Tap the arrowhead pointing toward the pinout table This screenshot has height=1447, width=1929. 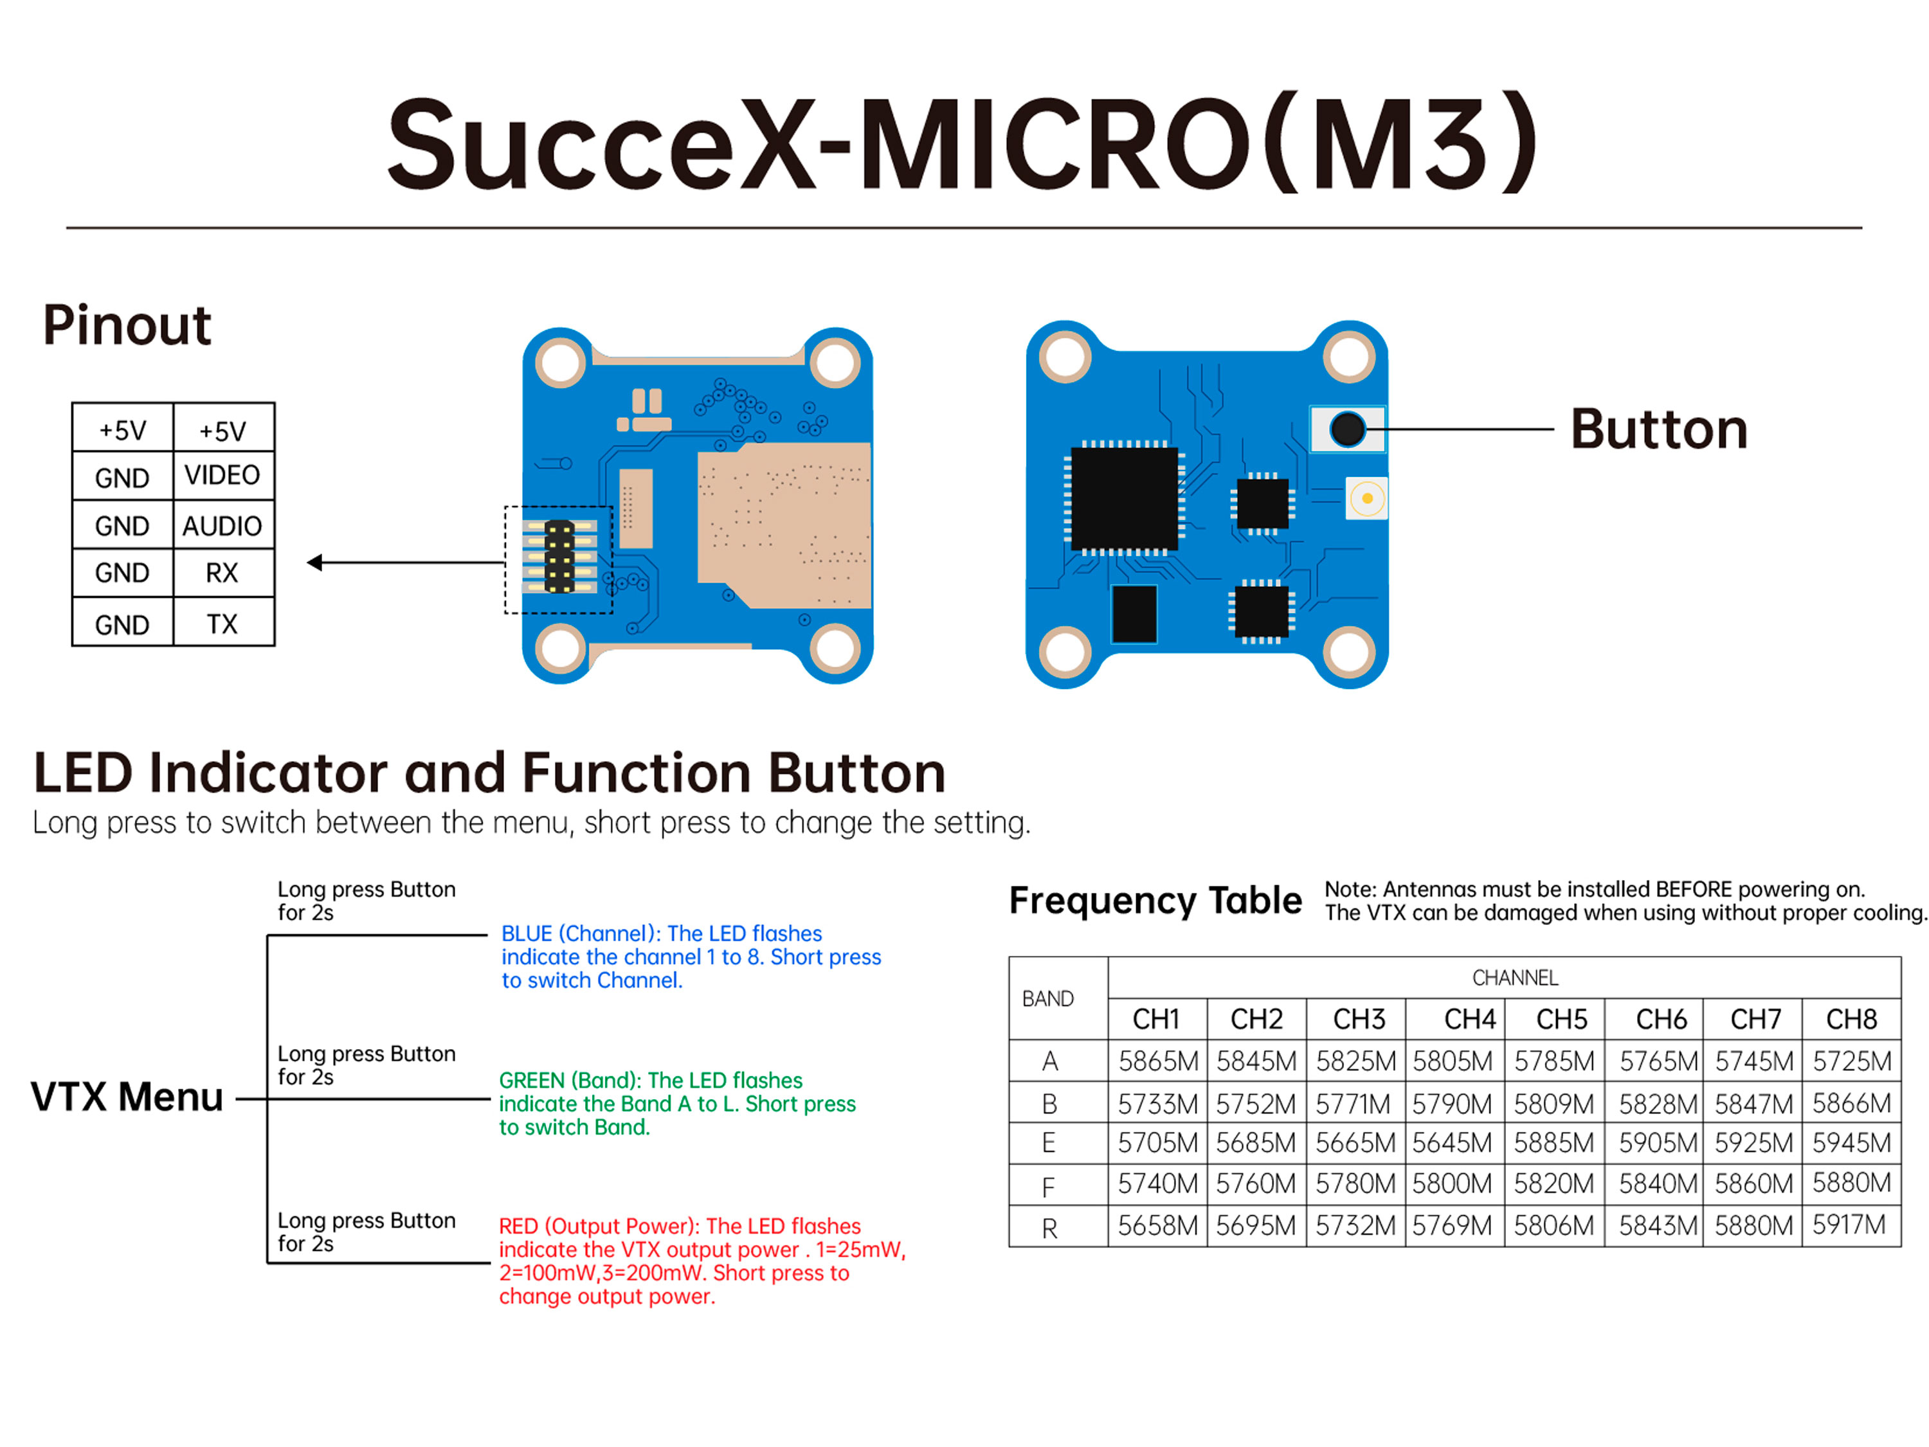pos(316,563)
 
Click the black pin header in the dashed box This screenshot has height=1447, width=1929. pos(559,556)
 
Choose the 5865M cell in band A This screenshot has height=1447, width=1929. pos(1158,1061)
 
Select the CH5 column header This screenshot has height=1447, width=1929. pos(1561,1019)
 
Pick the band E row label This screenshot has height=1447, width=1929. pos(1049,1143)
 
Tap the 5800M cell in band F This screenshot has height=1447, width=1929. pos(1452,1183)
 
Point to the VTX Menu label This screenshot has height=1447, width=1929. pos(127,1097)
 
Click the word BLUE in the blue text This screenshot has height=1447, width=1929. pos(527,933)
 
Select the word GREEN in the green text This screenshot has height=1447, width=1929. pos(531,1080)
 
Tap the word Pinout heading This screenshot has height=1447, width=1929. pos(127,325)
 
